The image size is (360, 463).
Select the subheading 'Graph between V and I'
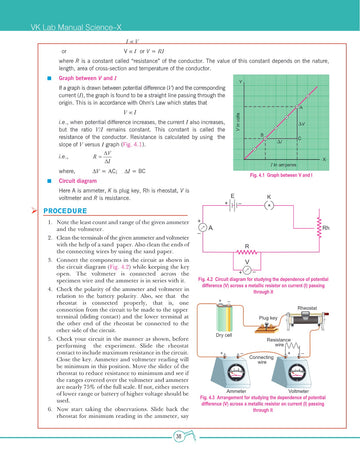[x=71, y=76]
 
